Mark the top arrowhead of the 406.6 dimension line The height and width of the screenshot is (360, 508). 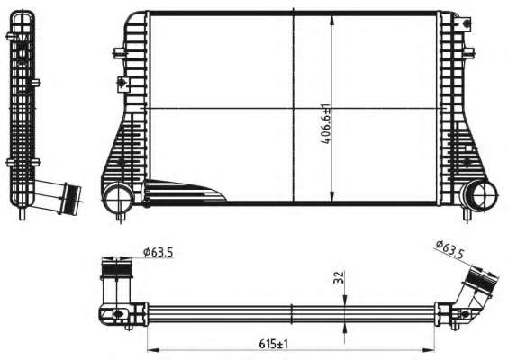click(x=333, y=17)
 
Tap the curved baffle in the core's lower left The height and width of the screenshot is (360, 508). click(x=185, y=190)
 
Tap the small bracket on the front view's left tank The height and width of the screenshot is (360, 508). click(x=121, y=85)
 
